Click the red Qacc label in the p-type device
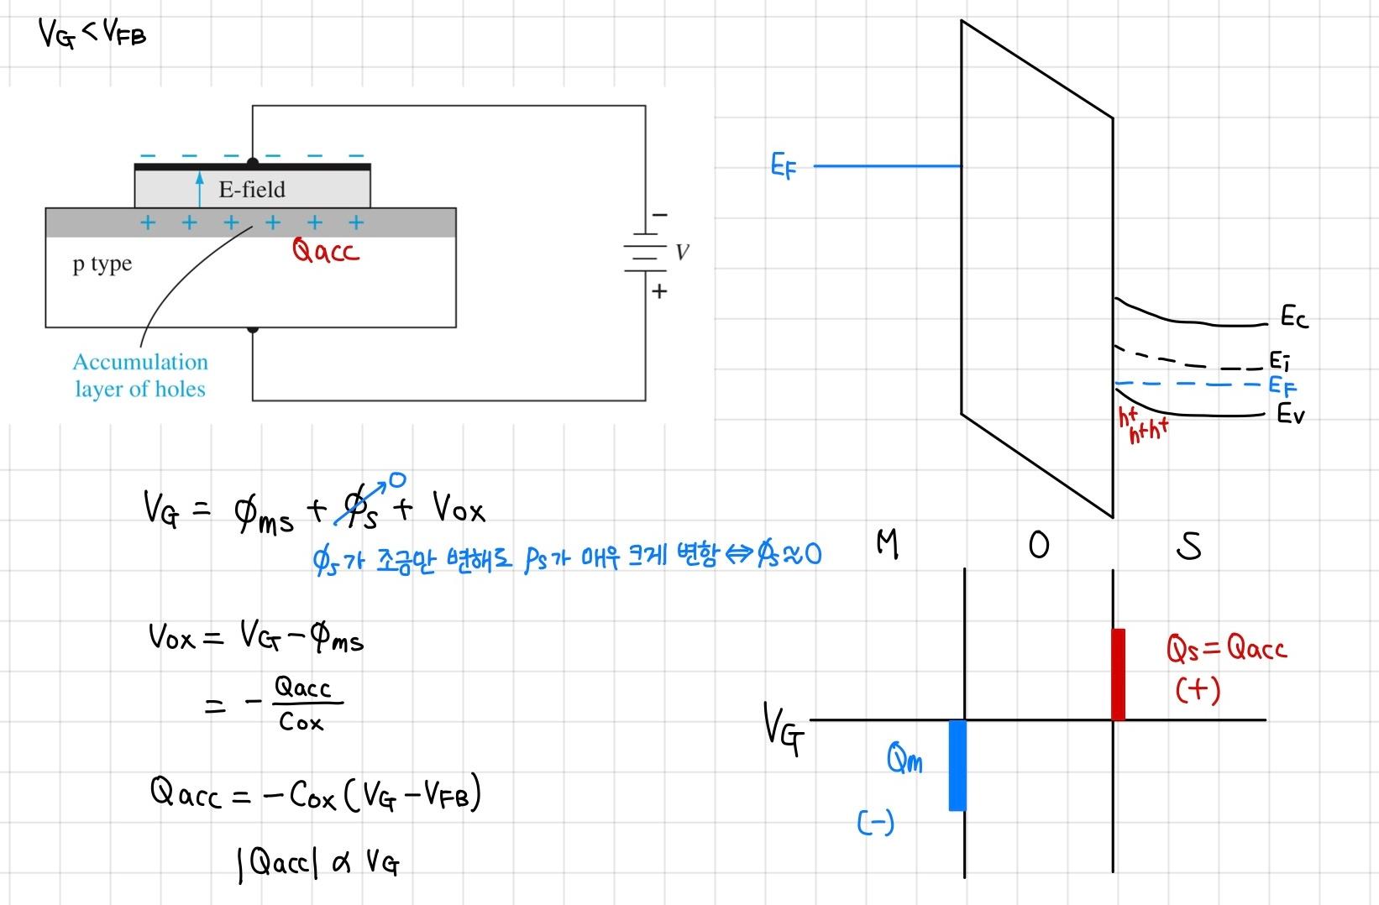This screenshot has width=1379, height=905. click(x=325, y=250)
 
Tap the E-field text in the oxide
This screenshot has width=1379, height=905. click(x=252, y=190)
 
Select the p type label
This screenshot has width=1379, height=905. click(x=102, y=264)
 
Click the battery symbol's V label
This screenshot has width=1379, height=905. click(x=682, y=252)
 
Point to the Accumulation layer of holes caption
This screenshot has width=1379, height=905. click(x=140, y=375)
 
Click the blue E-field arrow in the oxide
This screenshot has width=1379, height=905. click(x=199, y=189)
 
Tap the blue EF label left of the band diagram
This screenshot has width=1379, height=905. click(x=783, y=167)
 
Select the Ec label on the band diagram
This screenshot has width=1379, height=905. click(x=1293, y=317)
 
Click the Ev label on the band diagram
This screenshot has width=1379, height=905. click(x=1291, y=414)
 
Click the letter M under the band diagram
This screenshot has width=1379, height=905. click(x=887, y=545)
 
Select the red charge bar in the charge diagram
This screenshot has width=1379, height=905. click(x=1118, y=674)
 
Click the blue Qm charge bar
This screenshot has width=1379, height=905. click(x=957, y=765)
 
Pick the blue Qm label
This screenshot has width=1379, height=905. click(x=904, y=761)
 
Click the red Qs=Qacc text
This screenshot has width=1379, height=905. click(x=1226, y=649)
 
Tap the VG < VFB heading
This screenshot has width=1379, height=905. click(x=92, y=35)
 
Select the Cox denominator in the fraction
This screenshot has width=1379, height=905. click(x=301, y=722)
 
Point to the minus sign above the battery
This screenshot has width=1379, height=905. click(x=660, y=216)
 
